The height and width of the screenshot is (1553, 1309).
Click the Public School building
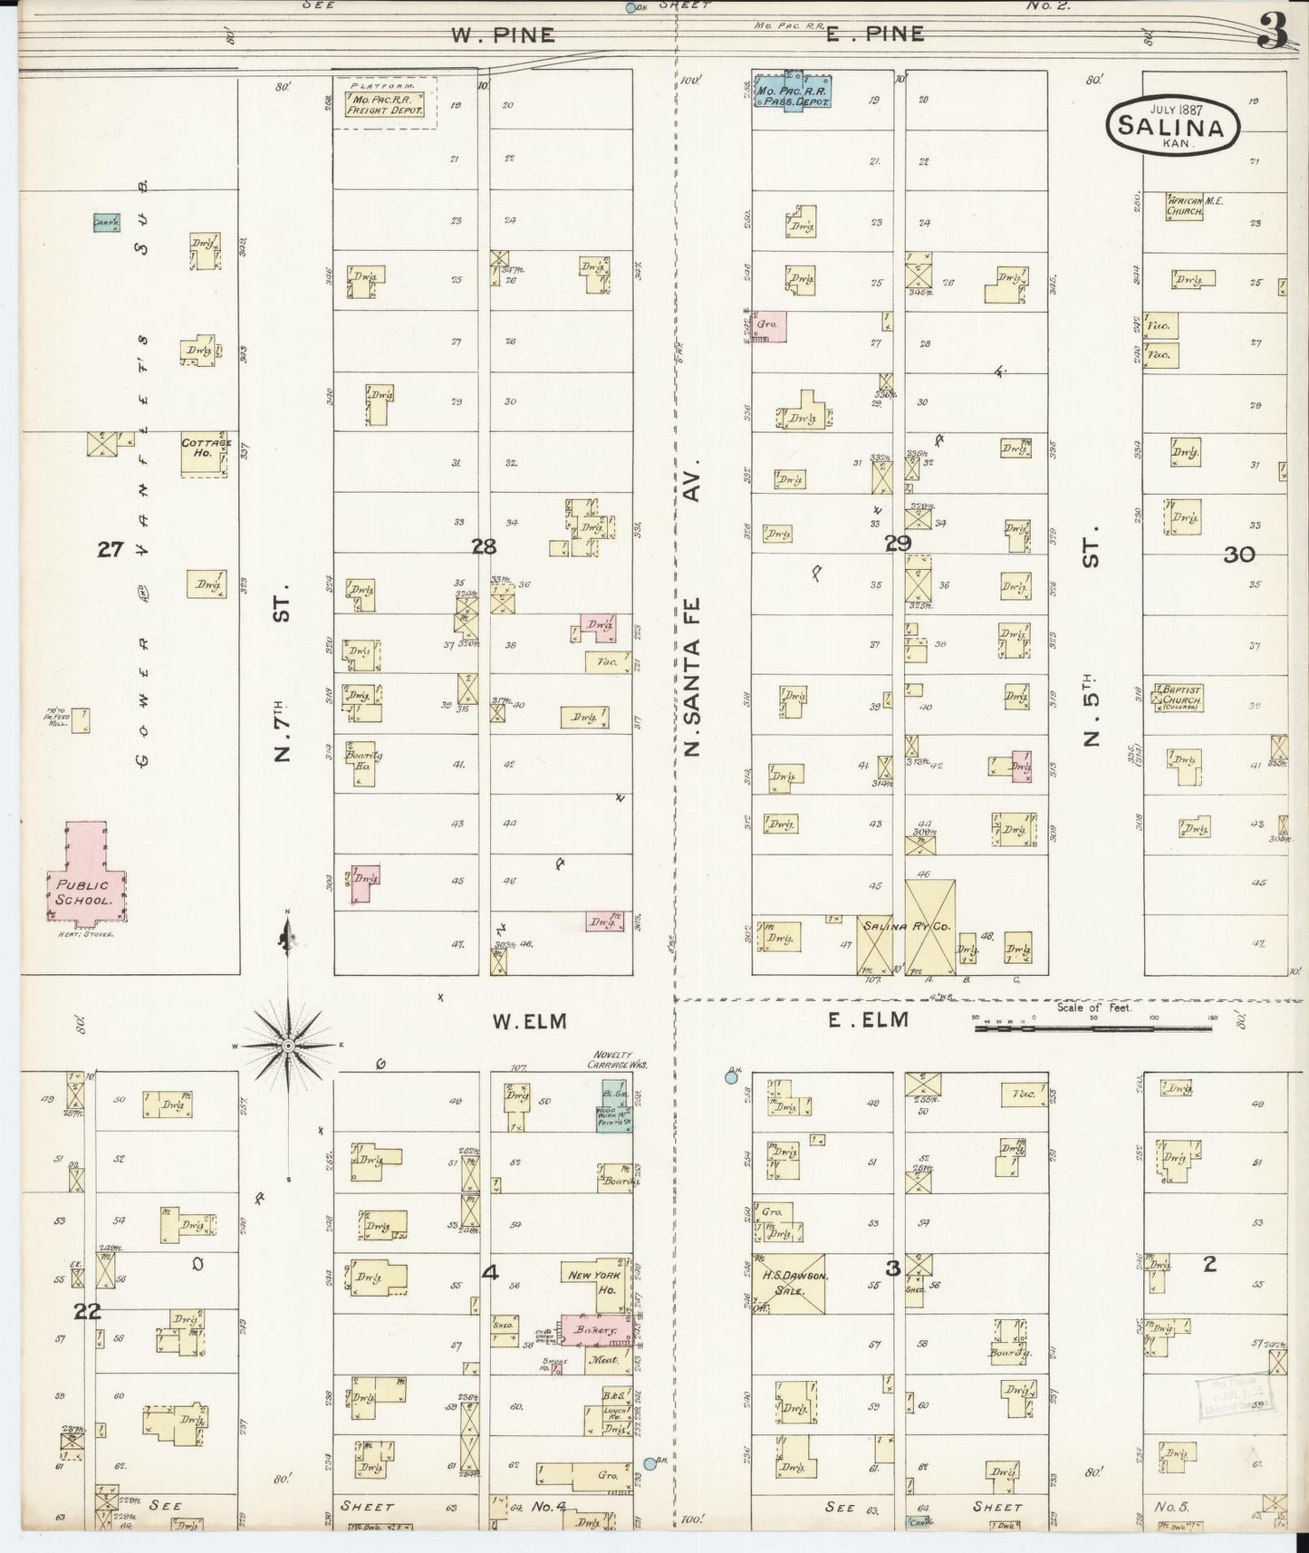86,879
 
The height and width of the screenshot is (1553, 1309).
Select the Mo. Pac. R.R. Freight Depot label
384,104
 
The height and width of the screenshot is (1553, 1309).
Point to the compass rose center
288,1046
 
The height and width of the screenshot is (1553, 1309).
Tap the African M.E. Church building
1185,206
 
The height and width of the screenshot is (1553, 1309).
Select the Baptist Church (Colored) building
1178,697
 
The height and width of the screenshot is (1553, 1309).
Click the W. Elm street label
529,1021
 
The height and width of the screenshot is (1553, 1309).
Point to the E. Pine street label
874,34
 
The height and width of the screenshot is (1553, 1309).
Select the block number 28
484,546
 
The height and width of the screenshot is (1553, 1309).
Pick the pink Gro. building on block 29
769,326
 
